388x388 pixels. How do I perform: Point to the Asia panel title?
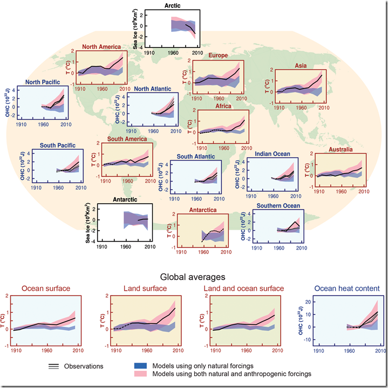(x=301, y=65)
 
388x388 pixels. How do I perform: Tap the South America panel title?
(x=127, y=139)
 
